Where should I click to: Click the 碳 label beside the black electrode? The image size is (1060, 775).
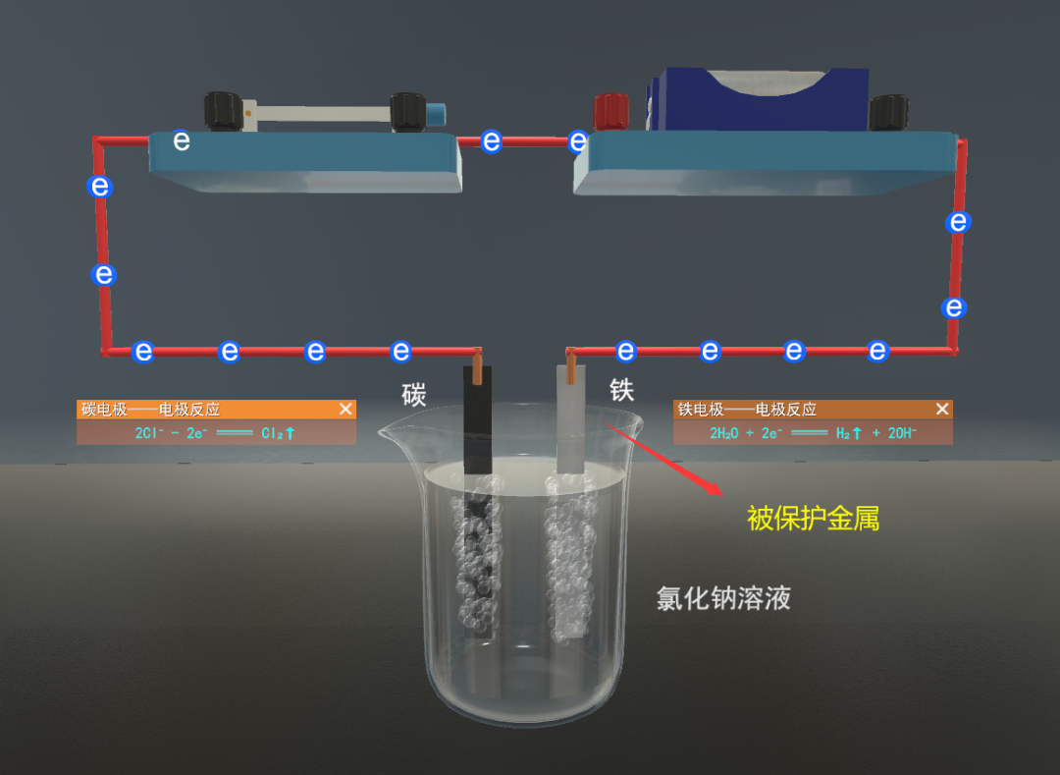(x=414, y=395)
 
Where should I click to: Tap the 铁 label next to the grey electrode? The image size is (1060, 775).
(x=622, y=390)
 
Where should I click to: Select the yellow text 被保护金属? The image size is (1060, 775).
(x=813, y=518)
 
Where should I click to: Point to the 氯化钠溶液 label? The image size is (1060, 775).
(x=723, y=598)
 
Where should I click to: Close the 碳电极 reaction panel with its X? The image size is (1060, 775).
(x=345, y=409)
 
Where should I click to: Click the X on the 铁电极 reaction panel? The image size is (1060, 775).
(x=942, y=409)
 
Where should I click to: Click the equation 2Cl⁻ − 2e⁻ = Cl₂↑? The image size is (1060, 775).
(x=215, y=432)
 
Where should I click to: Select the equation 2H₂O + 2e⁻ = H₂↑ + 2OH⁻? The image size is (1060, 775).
(x=813, y=432)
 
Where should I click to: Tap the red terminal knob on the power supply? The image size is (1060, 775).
(x=611, y=110)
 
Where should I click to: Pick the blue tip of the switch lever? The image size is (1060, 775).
(x=435, y=112)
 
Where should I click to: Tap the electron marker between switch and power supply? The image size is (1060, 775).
(x=493, y=141)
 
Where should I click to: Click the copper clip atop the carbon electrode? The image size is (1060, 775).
(x=477, y=367)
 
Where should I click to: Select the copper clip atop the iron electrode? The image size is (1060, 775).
(x=570, y=367)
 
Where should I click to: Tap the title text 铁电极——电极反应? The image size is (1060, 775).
(x=747, y=409)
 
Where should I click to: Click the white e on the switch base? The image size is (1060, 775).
(x=182, y=140)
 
